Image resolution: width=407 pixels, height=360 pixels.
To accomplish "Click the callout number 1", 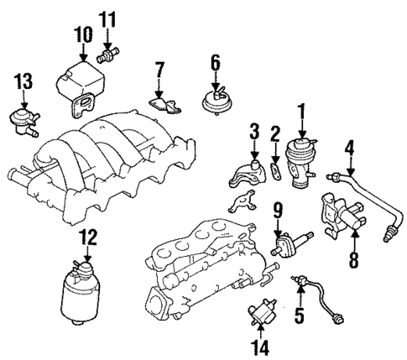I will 301,109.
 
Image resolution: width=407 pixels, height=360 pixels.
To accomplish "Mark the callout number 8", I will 353,261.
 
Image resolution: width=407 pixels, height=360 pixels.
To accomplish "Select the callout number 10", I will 83,35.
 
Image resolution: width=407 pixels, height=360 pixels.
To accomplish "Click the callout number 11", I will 107,19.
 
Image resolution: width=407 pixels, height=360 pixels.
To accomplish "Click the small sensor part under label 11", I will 107,55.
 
